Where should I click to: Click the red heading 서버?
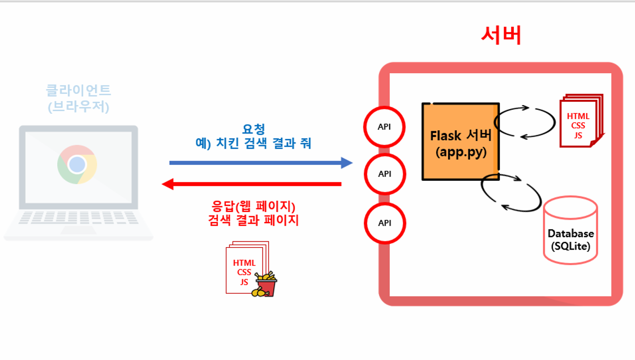point(501,35)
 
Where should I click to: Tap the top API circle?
point(384,127)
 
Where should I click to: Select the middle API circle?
point(384,174)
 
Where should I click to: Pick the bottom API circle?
point(384,223)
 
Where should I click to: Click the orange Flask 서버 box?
point(460,142)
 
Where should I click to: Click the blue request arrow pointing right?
point(261,163)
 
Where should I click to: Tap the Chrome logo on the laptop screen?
point(77,164)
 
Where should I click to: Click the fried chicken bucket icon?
point(264,284)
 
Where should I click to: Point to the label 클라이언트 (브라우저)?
point(78,98)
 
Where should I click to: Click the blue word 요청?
point(254,130)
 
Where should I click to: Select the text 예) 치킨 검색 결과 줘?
point(254,143)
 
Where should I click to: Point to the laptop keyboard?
point(78,217)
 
